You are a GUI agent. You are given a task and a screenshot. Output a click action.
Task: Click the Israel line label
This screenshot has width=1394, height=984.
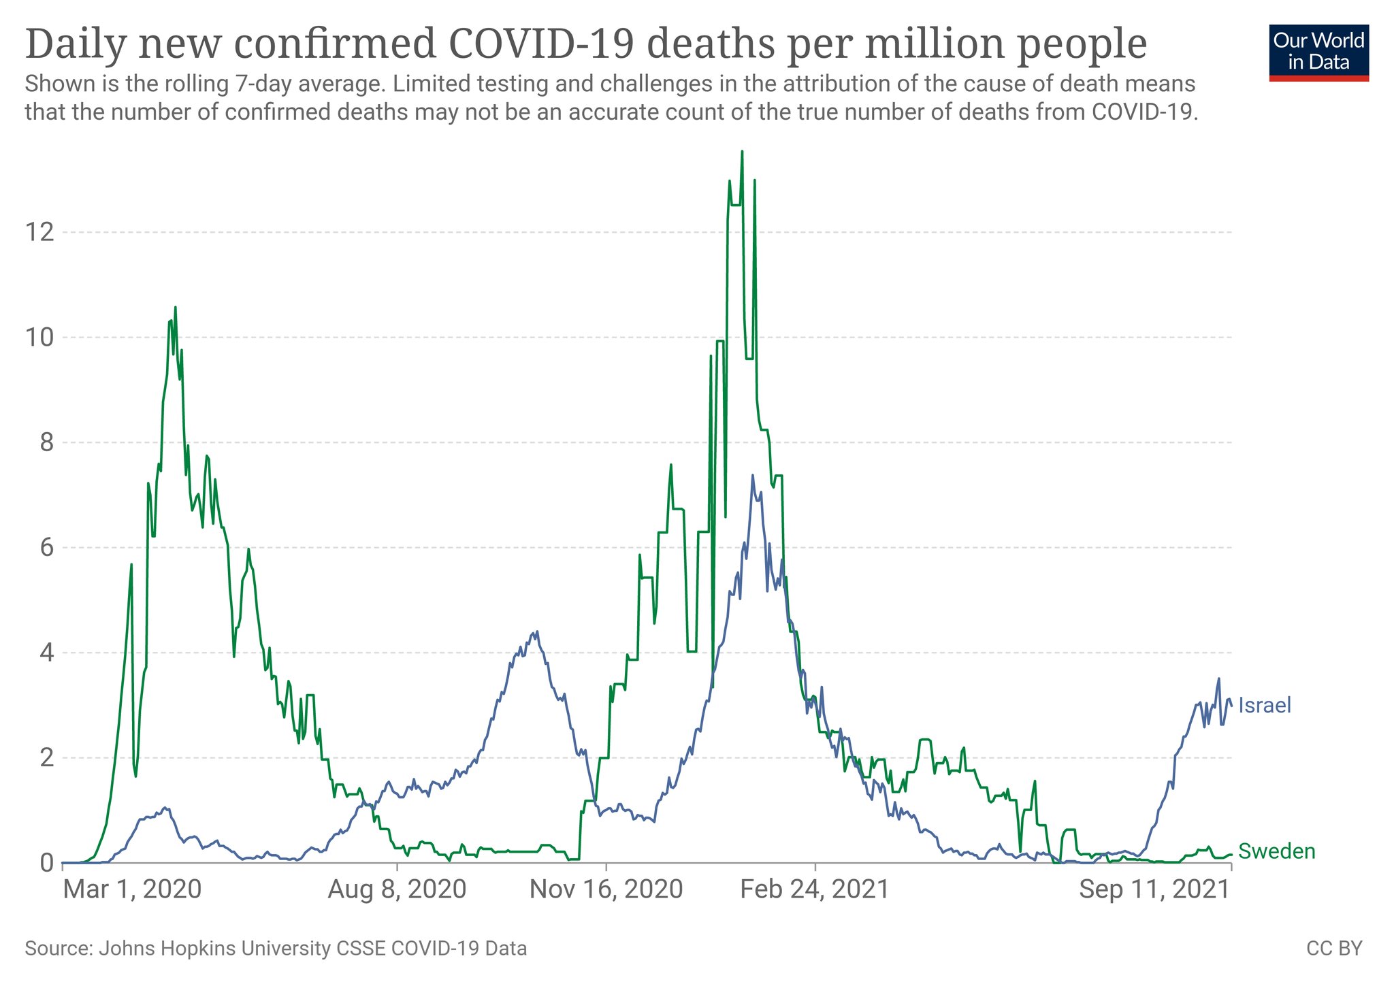click(1264, 706)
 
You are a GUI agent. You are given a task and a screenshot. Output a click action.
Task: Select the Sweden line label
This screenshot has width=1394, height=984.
click(1276, 851)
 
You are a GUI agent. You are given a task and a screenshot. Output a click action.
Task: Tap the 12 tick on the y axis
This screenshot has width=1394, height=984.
click(39, 233)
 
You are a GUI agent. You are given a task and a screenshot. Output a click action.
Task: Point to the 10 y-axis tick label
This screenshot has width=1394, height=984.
click(39, 338)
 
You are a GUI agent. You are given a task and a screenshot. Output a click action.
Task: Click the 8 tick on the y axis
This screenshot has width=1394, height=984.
click(46, 443)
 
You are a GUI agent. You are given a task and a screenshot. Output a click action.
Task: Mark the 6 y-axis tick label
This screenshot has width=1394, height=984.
click(46, 548)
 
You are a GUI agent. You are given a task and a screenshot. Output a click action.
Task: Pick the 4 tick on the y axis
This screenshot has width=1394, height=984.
click(46, 653)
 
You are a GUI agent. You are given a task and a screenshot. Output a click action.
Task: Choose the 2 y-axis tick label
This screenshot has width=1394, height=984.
click(46, 758)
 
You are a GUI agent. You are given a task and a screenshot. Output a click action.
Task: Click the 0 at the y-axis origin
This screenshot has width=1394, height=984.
click(46, 863)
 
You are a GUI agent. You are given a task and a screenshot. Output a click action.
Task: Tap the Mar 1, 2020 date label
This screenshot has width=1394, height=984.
click(132, 889)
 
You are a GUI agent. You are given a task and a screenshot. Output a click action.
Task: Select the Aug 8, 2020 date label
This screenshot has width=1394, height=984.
click(397, 889)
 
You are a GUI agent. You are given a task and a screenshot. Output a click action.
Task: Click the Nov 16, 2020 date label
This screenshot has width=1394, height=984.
click(606, 889)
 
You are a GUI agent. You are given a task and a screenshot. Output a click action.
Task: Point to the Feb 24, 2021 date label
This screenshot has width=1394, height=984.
click(815, 889)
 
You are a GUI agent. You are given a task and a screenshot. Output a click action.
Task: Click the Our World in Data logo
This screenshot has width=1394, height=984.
click(1318, 53)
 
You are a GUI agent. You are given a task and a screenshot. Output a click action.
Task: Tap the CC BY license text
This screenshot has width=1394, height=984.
click(1334, 949)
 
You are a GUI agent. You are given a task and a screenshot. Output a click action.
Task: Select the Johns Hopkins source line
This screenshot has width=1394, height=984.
click(276, 949)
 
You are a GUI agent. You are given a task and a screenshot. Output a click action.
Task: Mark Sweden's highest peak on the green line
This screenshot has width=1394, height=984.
click(742, 152)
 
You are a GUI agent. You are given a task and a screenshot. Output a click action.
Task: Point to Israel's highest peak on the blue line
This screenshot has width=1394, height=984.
click(752, 476)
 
